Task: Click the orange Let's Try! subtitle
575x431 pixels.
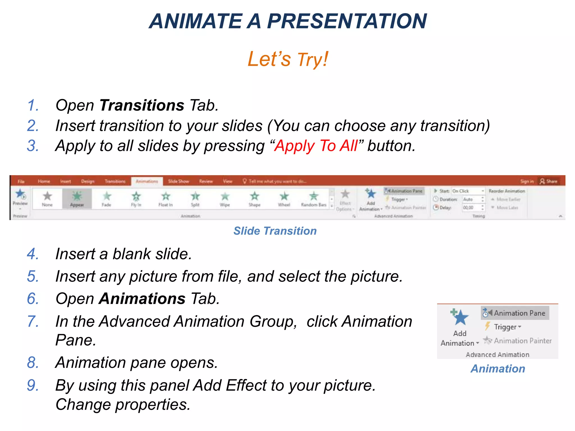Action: click(x=288, y=59)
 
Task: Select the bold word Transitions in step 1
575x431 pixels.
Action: click(x=142, y=105)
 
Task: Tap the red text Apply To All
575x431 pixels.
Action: click(x=316, y=146)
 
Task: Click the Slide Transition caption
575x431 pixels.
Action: click(x=275, y=231)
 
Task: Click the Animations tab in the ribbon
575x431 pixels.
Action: click(x=147, y=182)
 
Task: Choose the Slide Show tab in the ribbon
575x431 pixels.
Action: click(x=179, y=182)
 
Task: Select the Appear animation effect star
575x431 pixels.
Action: click(x=77, y=196)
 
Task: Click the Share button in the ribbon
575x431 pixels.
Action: click(x=549, y=181)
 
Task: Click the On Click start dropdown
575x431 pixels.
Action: click(x=468, y=191)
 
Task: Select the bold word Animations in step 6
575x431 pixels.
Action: click(x=142, y=299)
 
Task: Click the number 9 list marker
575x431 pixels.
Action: click(x=33, y=385)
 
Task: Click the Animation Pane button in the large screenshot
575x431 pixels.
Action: click(x=515, y=313)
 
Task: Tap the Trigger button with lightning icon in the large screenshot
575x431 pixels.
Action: click(x=503, y=327)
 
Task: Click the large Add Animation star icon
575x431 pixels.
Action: click(x=460, y=317)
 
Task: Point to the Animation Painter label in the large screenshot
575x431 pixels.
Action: click(x=522, y=341)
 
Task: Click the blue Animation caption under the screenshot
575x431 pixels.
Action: click(x=498, y=369)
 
